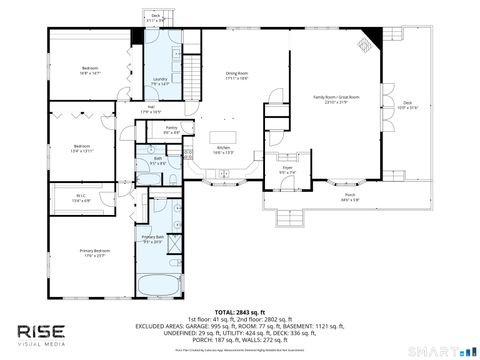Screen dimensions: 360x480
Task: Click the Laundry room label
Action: (x=159, y=81)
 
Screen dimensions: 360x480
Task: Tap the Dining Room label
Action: (x=236, y=75)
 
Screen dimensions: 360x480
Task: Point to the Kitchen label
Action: (x=225, y=151)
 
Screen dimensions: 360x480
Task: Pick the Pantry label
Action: (x=171, y=129)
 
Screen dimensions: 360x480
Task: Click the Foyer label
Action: (x=287, y=172)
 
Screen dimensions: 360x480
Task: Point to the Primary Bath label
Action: (x=153, y=238)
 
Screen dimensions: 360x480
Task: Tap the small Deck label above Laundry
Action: (x=156, y=17)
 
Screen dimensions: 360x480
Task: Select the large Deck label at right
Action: (x=407, y=104)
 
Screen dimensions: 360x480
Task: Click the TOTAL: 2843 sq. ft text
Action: (x=239, y=312)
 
